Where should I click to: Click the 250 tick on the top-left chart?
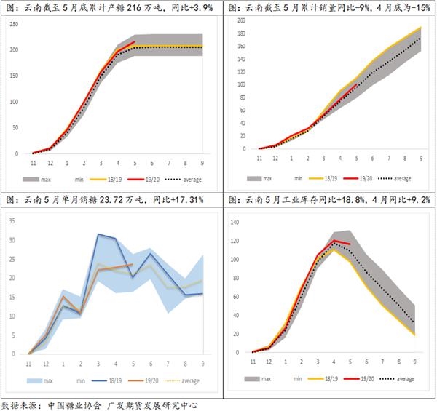(14, 25)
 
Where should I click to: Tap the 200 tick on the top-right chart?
(241, 20)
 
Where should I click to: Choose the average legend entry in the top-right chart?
(401, 178)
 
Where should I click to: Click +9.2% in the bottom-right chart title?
(416, 199)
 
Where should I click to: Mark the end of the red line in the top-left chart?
(135, 42)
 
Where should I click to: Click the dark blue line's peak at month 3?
(99, 234)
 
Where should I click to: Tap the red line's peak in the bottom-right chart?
(333, 240)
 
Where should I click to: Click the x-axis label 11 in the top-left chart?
(34, 163)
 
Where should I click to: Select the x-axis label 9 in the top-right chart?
(421, 157)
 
